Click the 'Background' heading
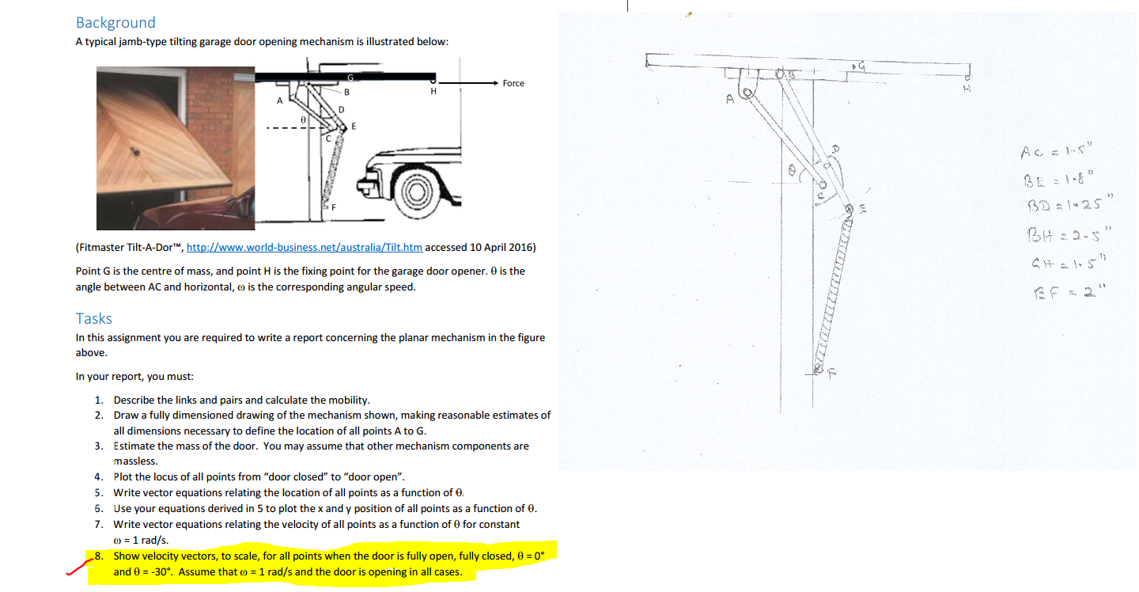coord(115,23)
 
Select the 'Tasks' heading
coord(94,318)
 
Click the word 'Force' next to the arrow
coord(513,83)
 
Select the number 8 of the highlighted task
coord(98,556)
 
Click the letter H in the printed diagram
coord(433,92)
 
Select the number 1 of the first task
coord(98,400)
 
